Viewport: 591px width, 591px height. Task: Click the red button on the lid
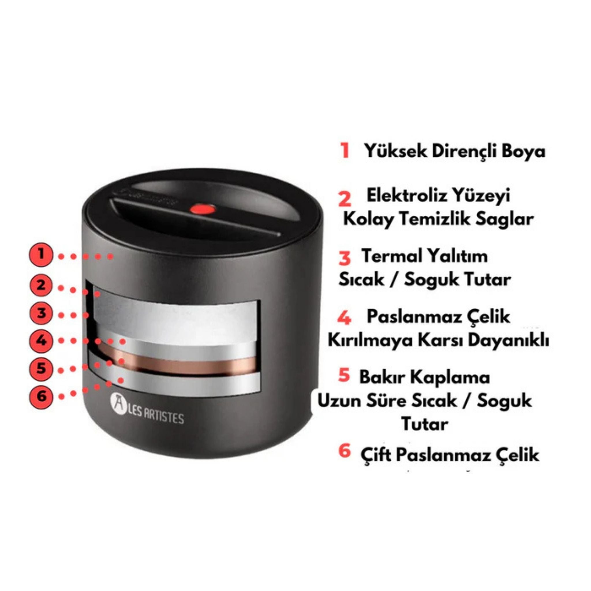202,210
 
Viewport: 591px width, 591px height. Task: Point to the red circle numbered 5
41,368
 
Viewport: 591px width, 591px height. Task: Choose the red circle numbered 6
41,397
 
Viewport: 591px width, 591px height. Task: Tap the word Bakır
382,377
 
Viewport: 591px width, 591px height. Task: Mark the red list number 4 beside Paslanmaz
345,318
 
